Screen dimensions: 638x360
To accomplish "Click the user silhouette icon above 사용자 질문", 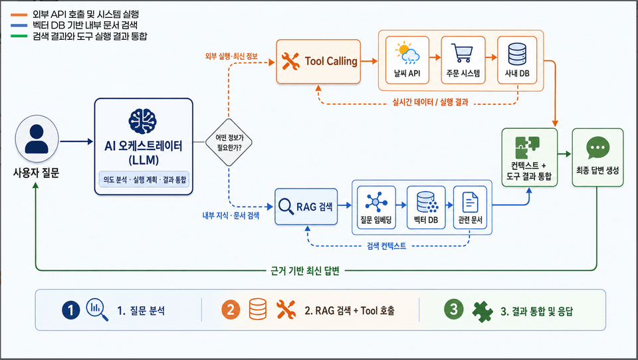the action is [37, 139].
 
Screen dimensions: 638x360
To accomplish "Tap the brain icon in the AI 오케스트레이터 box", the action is [142, 122].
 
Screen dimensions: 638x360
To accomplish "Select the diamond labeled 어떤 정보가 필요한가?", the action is [229, 142].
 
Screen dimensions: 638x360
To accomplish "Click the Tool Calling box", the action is [318, 61].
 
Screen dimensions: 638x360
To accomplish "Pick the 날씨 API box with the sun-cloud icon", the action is [407, 60].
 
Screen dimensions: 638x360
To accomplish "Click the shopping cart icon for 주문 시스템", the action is [463, 53].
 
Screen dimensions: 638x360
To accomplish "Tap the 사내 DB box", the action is [517, 60].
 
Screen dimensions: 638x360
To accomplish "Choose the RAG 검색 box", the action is [306, 207].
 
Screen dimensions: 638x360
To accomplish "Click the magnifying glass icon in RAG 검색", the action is [286, 207].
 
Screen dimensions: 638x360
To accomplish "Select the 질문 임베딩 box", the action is [376, 207].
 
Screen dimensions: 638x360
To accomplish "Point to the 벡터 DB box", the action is [426, 207].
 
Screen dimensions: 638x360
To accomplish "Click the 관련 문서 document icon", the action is [470, 202].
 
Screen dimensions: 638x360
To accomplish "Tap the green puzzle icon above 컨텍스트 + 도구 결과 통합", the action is [527, 147].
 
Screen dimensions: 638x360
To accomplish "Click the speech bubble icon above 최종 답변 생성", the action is [597, 147].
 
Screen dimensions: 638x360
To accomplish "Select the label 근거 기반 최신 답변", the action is [305, 271].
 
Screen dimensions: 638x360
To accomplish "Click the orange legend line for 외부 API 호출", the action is [19, 15].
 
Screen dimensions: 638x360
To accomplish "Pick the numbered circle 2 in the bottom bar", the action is [231, 310].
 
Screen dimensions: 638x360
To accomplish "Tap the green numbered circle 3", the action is [454, 310].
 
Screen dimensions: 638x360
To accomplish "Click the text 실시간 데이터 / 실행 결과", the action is [430, 102].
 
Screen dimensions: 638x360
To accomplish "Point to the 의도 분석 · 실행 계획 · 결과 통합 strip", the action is [144, 179].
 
